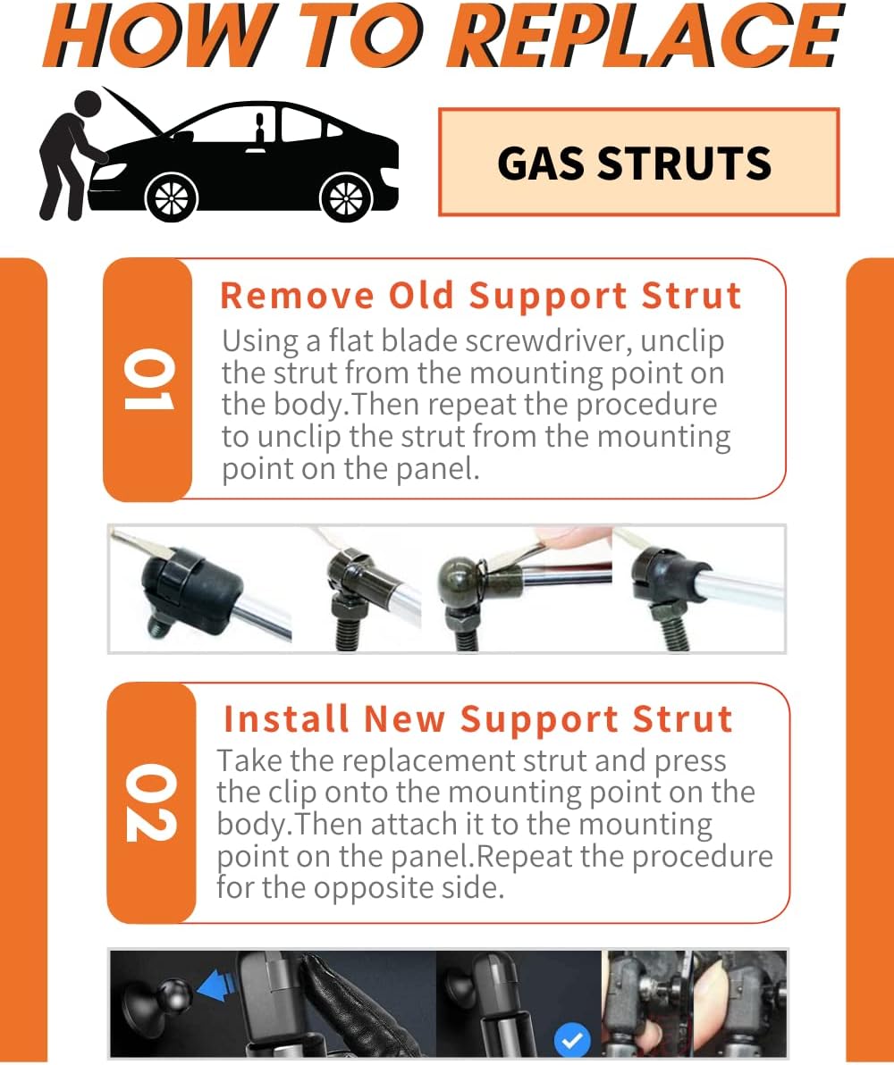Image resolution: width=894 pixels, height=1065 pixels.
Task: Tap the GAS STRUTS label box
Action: click(x=638, y=163)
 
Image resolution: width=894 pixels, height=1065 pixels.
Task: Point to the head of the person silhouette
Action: click(x=87, y=105)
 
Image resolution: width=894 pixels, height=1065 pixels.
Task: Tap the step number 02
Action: click(x=151, y=802)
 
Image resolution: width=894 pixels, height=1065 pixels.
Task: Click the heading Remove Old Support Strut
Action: click(x=481, y=296)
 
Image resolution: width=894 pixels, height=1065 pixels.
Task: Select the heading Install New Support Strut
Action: click(x=478, y=718)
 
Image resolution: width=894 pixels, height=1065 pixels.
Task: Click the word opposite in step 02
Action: click(x=367, y=888)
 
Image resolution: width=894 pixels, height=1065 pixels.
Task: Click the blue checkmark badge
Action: click(x=572, y=1040)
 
